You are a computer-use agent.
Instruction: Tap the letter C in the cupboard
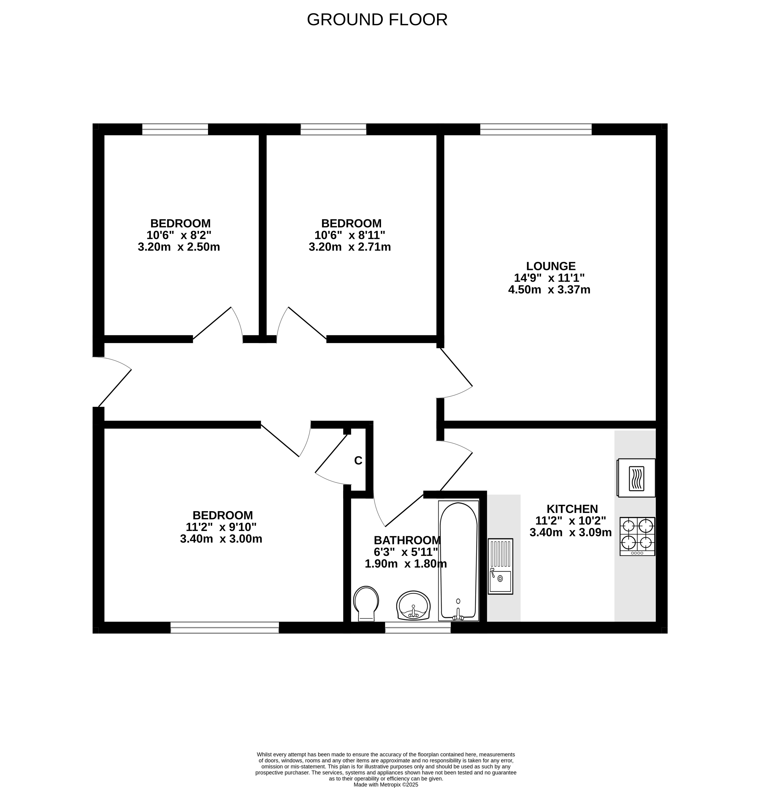click(358, 461)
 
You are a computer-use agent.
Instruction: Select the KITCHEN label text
click(572, 509)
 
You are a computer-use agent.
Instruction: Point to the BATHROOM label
click(407, 540)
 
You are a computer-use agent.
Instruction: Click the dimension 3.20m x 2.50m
click(179, 247)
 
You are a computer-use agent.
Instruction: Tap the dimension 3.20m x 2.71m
click(350, 247)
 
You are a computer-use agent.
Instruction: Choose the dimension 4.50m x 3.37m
click(549, 289)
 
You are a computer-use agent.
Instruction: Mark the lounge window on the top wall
click(536, 129)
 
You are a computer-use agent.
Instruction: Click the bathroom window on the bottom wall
click(418, 628)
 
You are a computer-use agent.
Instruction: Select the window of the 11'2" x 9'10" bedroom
click(225, 628)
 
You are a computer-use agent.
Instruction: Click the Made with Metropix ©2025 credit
click(386, 784)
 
